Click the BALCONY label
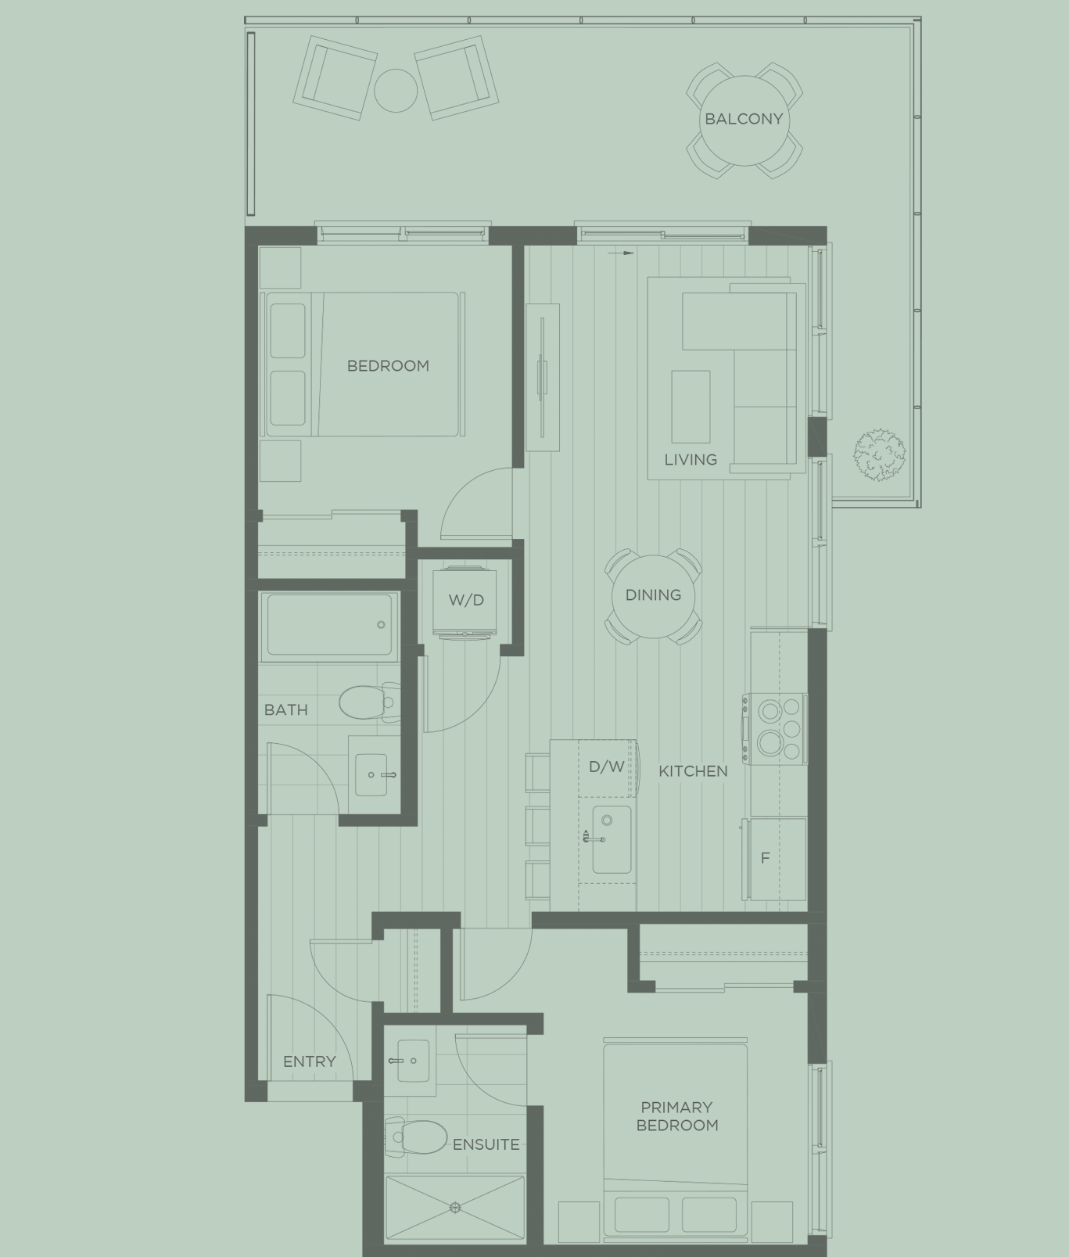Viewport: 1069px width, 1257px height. [743, 119]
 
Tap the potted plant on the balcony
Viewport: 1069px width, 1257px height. [879, 454]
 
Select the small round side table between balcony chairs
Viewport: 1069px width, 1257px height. [396, 89]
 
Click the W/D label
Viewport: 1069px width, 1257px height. [466, 600]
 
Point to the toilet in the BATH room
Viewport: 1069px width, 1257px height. [366, 702]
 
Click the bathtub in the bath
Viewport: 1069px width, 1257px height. [329, 624]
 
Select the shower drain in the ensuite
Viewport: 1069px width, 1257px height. [455, 1208]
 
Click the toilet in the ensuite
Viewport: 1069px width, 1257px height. [418, 1137]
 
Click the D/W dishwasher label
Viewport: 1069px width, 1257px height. [607, 767]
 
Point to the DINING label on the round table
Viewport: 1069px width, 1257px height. [653, 595]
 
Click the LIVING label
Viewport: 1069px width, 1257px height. [691, 460]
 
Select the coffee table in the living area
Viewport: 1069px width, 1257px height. [691, 407]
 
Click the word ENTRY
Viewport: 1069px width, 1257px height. [309, 1061]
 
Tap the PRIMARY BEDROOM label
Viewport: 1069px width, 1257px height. [676, 1116]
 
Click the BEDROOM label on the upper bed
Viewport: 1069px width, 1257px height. [388, 365]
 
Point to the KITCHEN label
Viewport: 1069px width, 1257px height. [693, 771]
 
